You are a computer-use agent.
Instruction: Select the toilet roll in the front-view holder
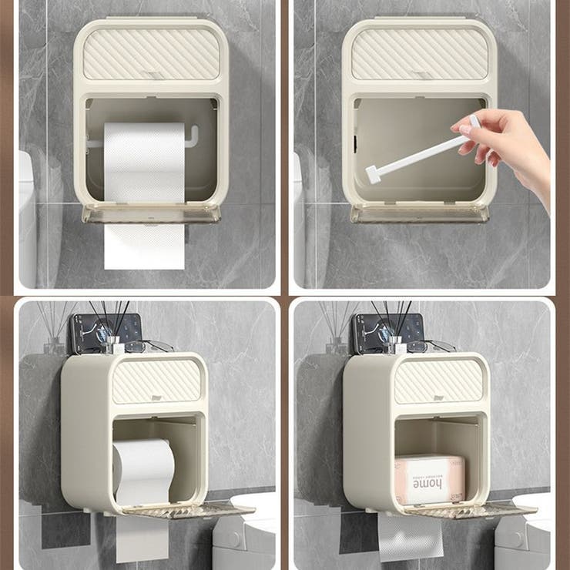coord(144,161)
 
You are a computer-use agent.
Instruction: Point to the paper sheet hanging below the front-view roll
coord(145,246)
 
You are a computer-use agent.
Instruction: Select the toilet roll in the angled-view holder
coord(143,471)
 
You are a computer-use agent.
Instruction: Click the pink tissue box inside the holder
coord(429,479)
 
